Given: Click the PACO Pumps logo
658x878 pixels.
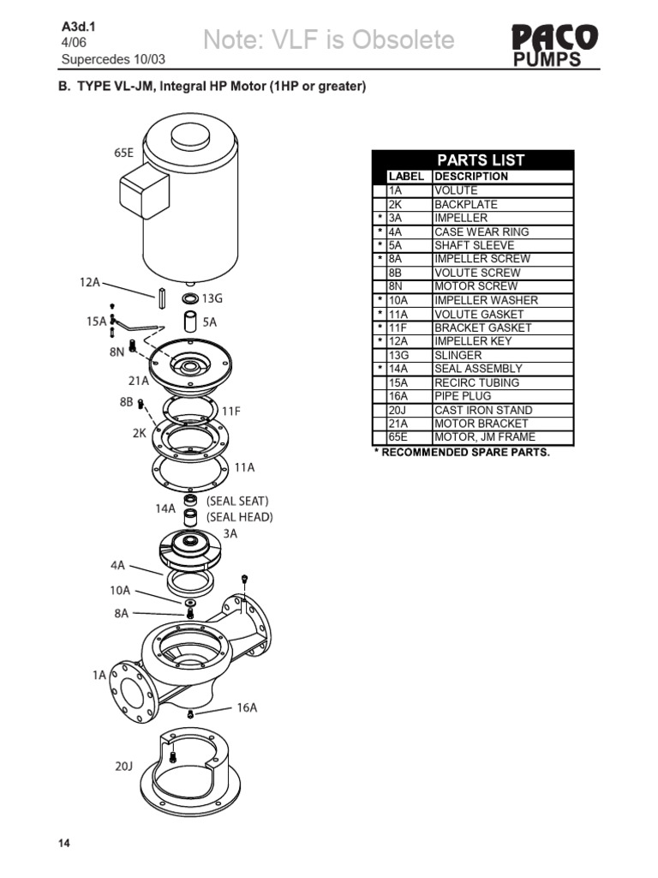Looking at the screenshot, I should pyautogui.click(x=554, y=45).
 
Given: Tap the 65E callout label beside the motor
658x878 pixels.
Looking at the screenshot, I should pyautogui.click(x=124, y=153).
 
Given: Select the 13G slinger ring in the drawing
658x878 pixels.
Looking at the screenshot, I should pyautogui.click(x=190, y=299).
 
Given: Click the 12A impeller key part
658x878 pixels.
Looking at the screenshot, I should pyautogui.click(x=160, y=297).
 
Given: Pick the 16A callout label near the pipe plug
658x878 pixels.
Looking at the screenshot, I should pyautogui.click(x=247, y=707).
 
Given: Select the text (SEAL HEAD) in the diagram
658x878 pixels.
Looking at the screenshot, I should pyautogui.click(x=240, y=517).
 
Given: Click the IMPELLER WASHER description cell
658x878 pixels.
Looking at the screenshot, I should pyautogui.click(x=486, y=300).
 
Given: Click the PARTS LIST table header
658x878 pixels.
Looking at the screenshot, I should pyautogui.click(x=480, y=160).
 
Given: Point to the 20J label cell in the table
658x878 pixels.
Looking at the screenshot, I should pyautogui.click(x=395, y=410).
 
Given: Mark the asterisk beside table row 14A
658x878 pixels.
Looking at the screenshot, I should pyautogui.click(x=379, y=369).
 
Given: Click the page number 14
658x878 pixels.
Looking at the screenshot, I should pyautogui.click(x=64, y=844).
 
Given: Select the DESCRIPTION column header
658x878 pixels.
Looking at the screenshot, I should pyautogui.click(x=471, y=177).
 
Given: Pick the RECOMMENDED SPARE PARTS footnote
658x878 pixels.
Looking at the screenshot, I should pyautogui.click(x=462, y=452).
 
